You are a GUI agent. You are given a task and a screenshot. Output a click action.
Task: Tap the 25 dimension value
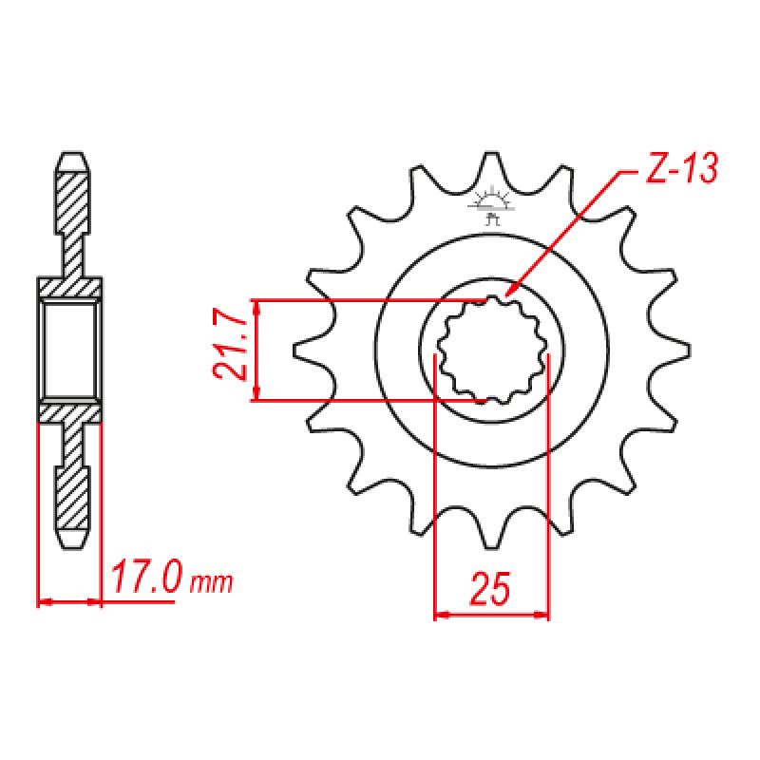(490, 590)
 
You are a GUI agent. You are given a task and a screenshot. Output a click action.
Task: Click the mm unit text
(211, 581)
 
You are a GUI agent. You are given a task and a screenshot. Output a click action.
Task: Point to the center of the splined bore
(491, 350)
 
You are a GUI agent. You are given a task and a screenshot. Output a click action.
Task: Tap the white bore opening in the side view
(69, 350)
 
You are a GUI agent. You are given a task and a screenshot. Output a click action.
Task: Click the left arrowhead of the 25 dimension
(440, 616)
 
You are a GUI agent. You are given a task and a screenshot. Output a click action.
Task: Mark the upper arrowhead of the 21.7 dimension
(256, 306)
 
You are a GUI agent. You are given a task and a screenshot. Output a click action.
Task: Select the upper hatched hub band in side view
(69, 287)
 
